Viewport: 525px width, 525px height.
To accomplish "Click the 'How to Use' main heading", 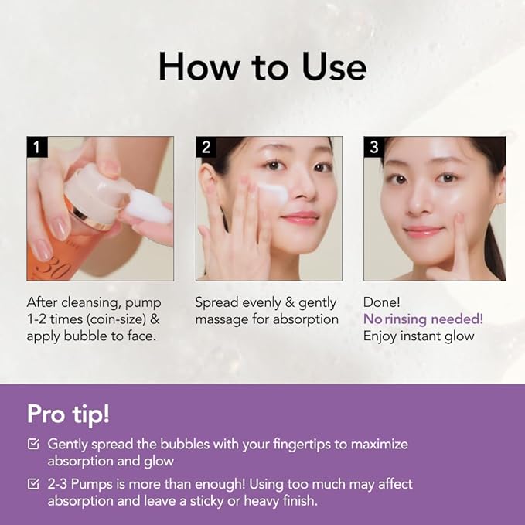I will pos(262,67).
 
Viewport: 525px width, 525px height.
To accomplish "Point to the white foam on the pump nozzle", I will pos(149,208).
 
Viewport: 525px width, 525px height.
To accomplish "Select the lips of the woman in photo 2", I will pos(300,218).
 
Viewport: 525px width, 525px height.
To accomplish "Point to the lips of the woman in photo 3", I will pos(423,231).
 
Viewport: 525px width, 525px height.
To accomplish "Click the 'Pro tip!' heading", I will pos(69,414).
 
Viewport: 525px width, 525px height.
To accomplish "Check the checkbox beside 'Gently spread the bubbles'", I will pos(33,445).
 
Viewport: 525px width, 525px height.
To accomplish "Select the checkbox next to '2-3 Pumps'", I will pos(33,484).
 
